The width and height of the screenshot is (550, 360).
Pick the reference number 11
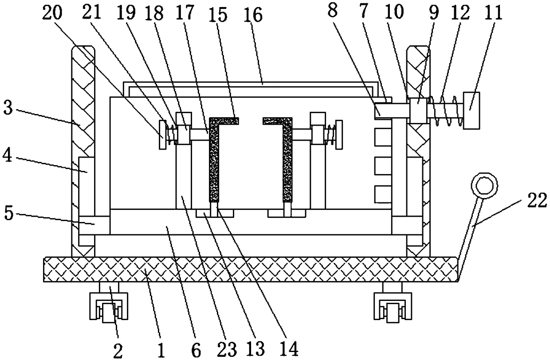[x=493, y=13]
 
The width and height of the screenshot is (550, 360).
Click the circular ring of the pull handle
[x=484, y=185]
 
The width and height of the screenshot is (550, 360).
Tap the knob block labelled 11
[x=471, y=110]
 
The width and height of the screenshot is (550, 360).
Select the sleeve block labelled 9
[x=417, y=110]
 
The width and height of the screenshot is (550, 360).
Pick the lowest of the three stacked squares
[x=382, y=194]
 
